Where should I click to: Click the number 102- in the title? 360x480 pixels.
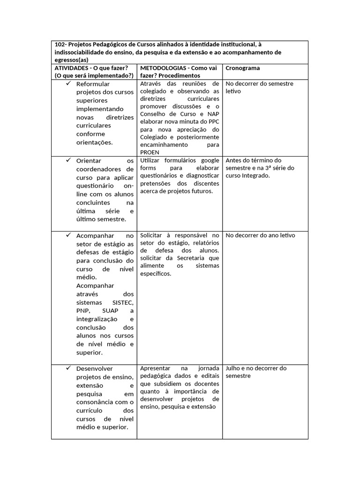coord(61,45)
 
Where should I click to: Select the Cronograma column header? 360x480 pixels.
coord(243,68)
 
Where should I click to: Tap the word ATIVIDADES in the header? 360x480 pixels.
coord(72,68)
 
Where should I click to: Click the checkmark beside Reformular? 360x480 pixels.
coord(67,83)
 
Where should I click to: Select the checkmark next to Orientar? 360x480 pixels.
coord(67,160)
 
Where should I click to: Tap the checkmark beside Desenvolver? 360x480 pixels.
coord(67,368)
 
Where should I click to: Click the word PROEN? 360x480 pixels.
coord(150,152)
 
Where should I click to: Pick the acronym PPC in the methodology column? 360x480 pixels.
coord(213,121)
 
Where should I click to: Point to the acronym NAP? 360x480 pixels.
coord(213,114)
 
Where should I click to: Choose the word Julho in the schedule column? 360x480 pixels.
coord(233,368)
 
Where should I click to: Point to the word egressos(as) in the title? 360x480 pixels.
coord(71,60)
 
